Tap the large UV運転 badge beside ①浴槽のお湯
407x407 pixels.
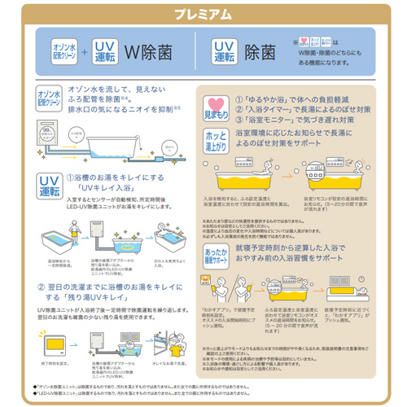pyautogui.click(x=48, y=185)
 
